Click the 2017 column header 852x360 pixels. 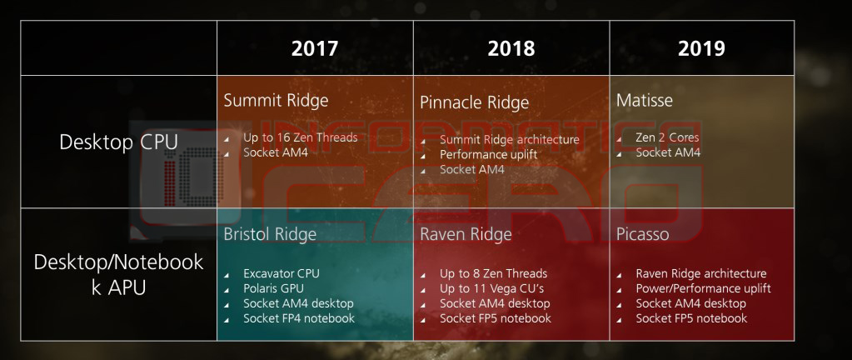(315, 48)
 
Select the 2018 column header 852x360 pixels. (511, 48)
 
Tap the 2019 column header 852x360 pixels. (701, 48)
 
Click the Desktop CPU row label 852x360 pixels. (118, 142)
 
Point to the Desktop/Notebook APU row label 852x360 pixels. (118, 274)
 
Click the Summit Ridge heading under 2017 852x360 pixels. (276, 101)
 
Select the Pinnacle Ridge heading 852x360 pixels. (475, 102)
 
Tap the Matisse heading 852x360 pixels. (644, 101)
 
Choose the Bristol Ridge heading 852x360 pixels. (270, 234)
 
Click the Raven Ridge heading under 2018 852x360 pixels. (466, 234)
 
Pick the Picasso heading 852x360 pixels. (643, 234)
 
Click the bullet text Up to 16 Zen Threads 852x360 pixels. (301, 137)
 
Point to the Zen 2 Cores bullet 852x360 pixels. (667, 137)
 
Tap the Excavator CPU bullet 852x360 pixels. (282, 273)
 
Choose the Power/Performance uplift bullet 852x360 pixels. (703, 288)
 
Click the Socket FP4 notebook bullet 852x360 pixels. (299, 318)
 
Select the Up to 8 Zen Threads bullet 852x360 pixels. (494, 273)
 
